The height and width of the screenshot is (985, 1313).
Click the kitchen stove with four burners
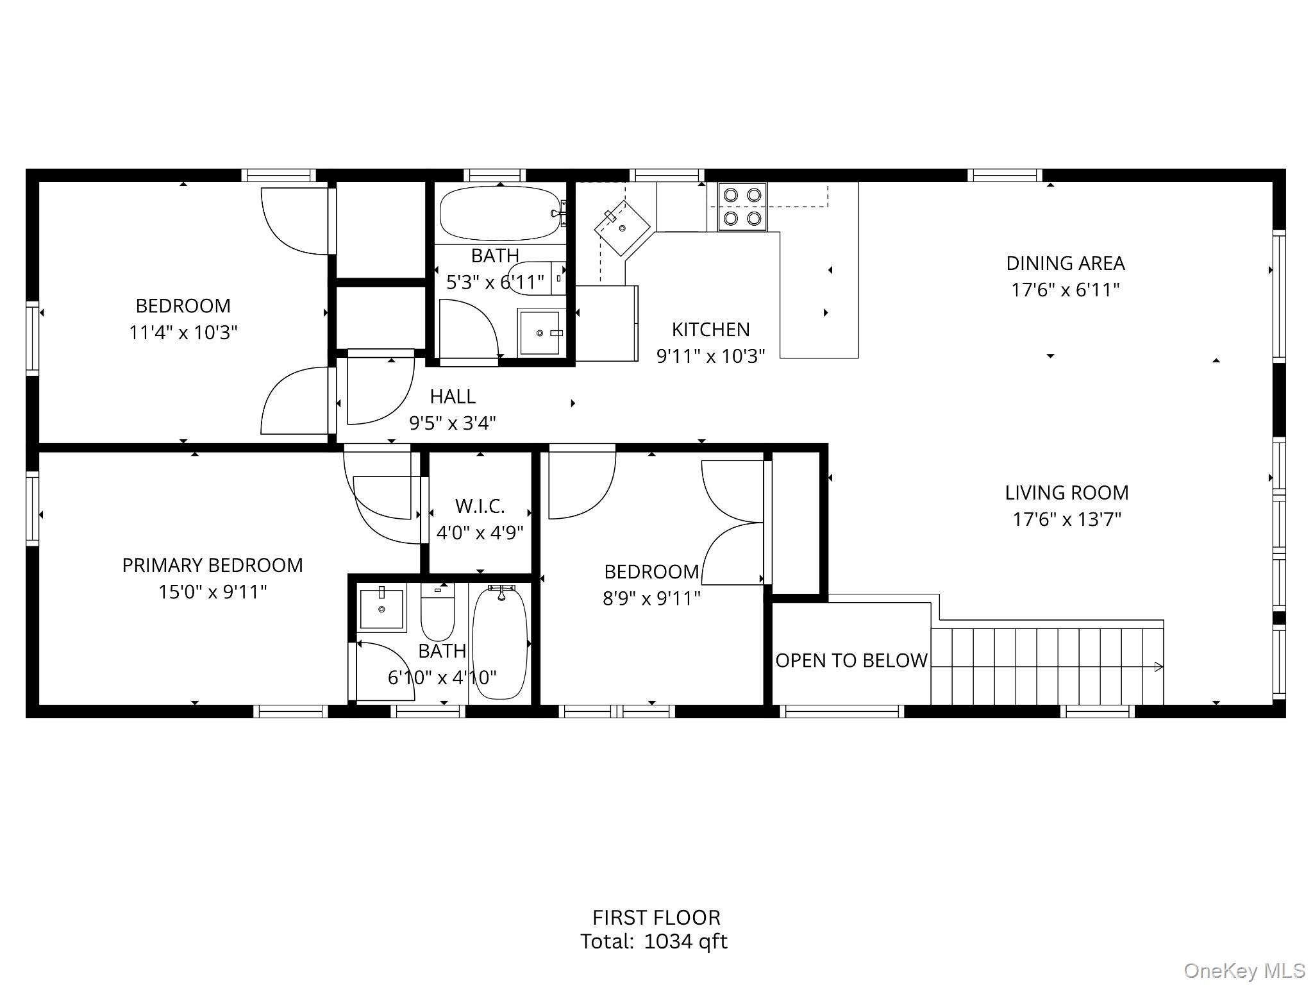742,206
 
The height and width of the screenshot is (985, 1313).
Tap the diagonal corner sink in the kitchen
622,228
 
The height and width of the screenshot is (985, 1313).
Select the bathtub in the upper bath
501,214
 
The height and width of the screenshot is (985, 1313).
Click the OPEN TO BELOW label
851,660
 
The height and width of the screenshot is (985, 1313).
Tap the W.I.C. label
480,506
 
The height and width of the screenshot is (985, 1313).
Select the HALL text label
453,396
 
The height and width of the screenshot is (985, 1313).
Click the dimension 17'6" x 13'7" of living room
1067,519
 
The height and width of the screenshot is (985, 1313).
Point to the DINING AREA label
1066,263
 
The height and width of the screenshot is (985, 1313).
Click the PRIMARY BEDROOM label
212,565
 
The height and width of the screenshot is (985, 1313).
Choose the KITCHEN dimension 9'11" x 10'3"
711,356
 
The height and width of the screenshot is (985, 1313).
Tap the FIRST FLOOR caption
656,917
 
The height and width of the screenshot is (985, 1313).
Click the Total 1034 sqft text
654,941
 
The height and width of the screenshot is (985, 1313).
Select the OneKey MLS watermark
1244,970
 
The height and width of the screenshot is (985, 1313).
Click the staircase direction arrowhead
1158,667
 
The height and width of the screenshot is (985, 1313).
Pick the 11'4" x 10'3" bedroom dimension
183,332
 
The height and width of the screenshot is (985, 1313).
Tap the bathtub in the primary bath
500,642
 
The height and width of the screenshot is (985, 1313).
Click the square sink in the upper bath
540,332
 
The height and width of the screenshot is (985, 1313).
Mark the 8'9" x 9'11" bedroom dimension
651,598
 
